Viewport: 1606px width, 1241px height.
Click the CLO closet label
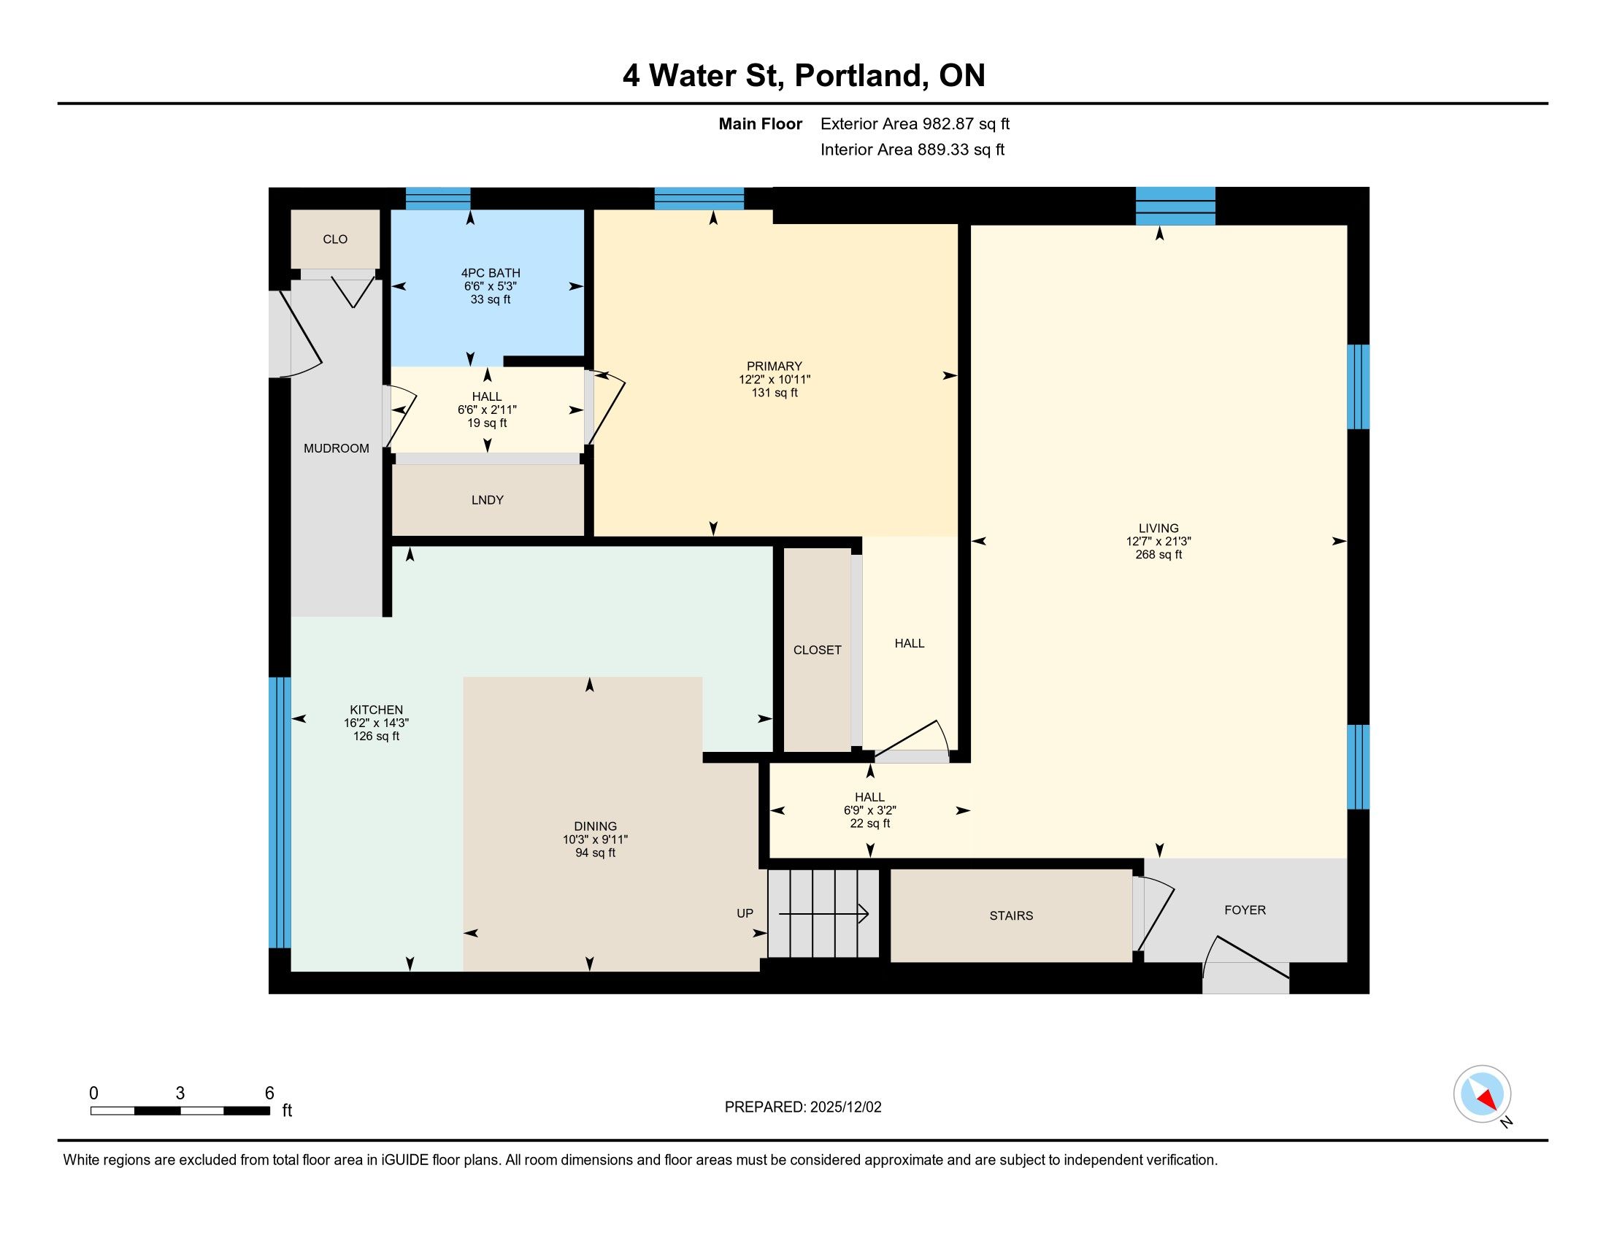click(x=334, y=239)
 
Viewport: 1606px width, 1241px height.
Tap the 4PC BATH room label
click(x=491, y=273)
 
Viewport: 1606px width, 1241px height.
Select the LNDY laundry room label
click(x=488, y=500)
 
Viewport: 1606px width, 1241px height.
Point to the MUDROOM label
click(x=336, y=448)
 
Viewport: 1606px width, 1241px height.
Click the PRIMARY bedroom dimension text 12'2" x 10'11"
click(x=775, y=380)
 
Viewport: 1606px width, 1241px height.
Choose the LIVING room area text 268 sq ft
click(x=1159, y=554)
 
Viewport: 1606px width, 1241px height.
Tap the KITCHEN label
click(x=376, y=710)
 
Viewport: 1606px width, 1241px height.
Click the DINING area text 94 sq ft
click(x=595, y=853)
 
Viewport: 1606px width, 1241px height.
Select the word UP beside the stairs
click(x=745, y=913)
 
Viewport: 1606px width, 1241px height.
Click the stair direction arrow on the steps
click(x=823, y=915)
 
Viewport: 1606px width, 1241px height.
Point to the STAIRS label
click(x=1011, y=915)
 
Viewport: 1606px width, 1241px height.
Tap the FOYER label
click(x=1245, y=910)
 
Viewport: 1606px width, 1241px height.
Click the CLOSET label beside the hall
click(x=817, y=650)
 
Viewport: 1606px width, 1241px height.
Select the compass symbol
click(x=1483, y=1095)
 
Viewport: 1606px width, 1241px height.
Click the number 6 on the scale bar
click(x=269, y=1094)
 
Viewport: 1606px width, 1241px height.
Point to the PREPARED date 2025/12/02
click(x=845, y=1107)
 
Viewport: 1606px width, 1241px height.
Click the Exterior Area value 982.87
click(x=948, y=123)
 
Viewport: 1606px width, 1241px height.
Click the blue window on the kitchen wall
click(x=280, y=812)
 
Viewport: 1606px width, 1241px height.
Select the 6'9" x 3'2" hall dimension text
click(x=870, y=810)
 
